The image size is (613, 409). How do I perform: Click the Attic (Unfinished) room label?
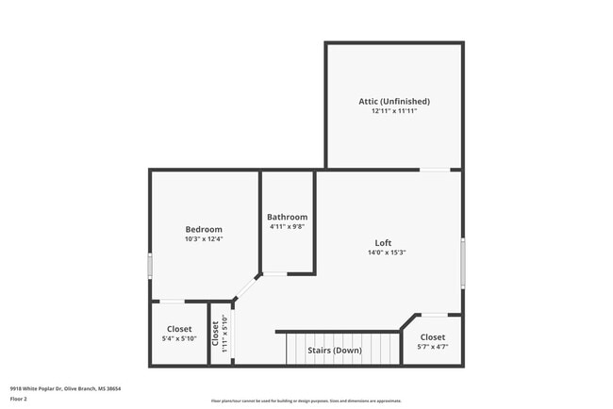[394, 101]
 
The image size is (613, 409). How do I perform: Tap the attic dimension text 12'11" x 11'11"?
[394, 111]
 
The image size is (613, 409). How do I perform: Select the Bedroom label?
[204, 230]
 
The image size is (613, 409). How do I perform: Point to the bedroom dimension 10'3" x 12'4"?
[204, 240]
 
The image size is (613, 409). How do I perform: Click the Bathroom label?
[287, 217]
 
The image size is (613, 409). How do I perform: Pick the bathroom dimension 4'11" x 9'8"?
[287, 227]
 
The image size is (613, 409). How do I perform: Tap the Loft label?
[383, 242]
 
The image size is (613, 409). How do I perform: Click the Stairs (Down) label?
[335, 351]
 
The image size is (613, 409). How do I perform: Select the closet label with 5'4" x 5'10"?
[179, 329]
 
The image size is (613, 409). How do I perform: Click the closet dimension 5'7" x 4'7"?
[433, 348]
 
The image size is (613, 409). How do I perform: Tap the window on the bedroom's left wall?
[150, 264]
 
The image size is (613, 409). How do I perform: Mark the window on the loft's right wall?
[462, 262]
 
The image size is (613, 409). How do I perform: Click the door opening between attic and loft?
[434, 170]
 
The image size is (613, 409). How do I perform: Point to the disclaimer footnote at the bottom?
[306, 401]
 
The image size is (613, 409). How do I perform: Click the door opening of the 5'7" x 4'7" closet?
[433, 315]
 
